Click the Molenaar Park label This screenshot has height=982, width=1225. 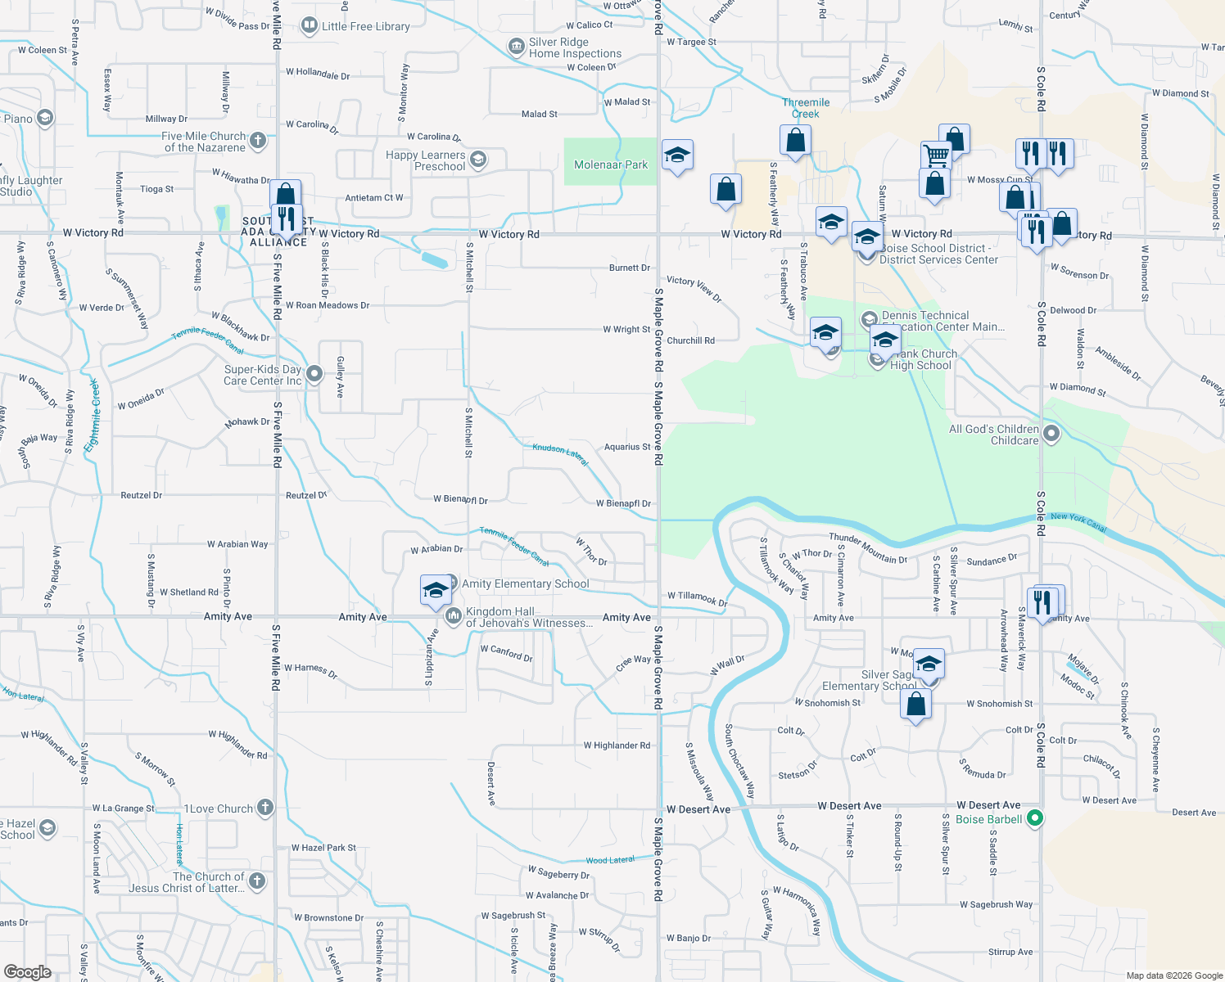(611, 164)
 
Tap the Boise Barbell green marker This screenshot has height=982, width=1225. (1035, 818)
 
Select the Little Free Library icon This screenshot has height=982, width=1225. (310, 25)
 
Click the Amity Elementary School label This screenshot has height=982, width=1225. (525, 583)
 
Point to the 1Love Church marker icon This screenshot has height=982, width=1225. (264, 808)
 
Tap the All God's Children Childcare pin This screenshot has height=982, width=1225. (1051, 433)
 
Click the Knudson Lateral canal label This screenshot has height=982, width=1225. (561, 454)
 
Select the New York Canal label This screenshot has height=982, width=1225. (1078, 522)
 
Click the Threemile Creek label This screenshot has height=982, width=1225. (806, 108)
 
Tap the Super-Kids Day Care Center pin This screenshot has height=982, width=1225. (314, 374)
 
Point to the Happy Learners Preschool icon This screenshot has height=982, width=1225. (478, 159)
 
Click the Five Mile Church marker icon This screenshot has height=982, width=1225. (258, 140)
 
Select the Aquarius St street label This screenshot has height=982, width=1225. (627, 447)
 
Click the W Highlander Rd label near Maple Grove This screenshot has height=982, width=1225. (617, 746)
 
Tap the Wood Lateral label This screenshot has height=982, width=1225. (610, 860)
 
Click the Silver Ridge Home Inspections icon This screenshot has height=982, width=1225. (517, 47)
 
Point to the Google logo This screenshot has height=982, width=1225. (28, 971)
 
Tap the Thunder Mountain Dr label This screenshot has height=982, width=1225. (868, 548)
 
